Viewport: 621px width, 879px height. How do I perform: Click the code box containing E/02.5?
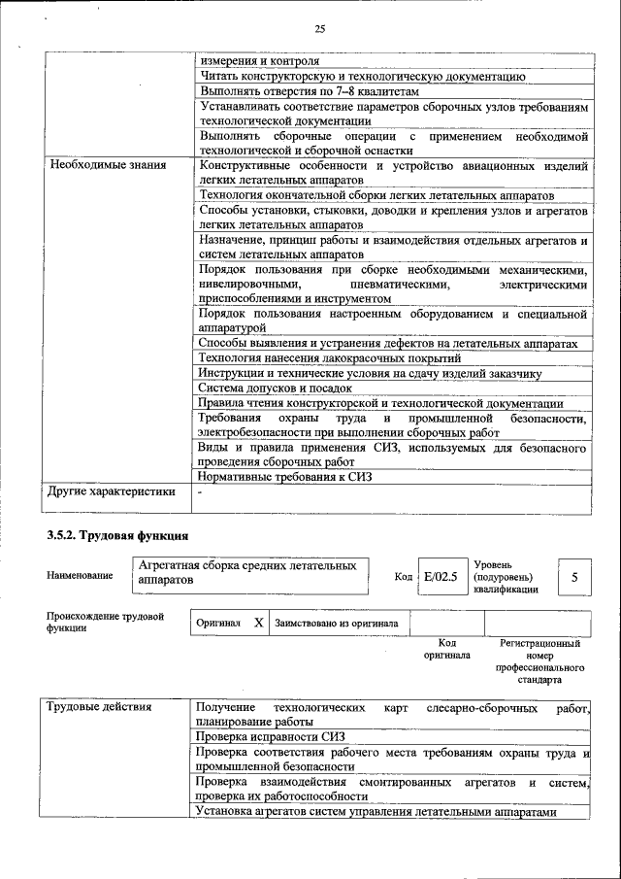[x=440, y=577]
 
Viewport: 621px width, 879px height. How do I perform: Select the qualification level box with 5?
[x=574, y=578]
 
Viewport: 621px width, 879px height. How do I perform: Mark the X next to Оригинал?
[x=258, y=623]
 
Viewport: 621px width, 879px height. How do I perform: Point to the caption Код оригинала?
[x=446, y=649]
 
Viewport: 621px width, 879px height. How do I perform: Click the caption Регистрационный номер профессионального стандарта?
[x=539, y=661]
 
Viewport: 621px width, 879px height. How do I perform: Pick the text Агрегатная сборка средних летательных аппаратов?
[x=246, y=571]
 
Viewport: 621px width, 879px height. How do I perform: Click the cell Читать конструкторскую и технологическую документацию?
[x=363, y=75]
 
